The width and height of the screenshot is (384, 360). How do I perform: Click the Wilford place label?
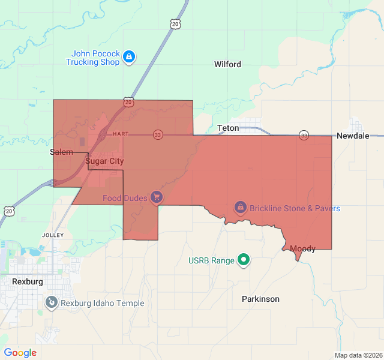coord(227,64)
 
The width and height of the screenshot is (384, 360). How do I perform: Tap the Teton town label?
coord(228,128)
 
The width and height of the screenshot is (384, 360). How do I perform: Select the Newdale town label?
coord(353,136)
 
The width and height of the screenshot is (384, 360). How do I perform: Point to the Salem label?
coord(61,153)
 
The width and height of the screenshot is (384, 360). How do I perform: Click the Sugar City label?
coord(104,161)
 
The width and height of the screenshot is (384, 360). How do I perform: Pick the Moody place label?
coord(302,248)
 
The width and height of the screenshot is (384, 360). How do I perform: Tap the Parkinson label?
coord(260,299)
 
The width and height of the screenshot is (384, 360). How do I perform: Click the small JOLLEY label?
coord(53,235)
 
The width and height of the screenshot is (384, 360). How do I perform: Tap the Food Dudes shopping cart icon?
coord(156,197)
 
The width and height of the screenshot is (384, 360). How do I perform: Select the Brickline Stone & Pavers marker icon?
coord(240,208)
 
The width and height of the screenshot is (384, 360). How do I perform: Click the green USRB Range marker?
coord(244,260)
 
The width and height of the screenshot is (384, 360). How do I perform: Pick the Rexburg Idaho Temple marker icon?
coord(52,303)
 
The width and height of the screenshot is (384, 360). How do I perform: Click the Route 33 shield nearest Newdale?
coord(304,136)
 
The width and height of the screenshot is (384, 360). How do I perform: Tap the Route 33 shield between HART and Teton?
coord(157,134)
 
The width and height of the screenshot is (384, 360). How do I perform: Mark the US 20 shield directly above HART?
coord(129,103)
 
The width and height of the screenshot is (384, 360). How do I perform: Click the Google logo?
coord(20,353)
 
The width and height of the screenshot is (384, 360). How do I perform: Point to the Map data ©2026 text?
coord(357,355)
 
